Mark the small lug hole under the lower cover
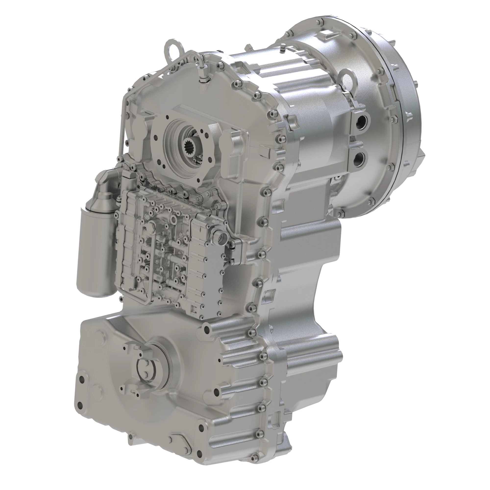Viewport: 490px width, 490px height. (131, 443)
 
